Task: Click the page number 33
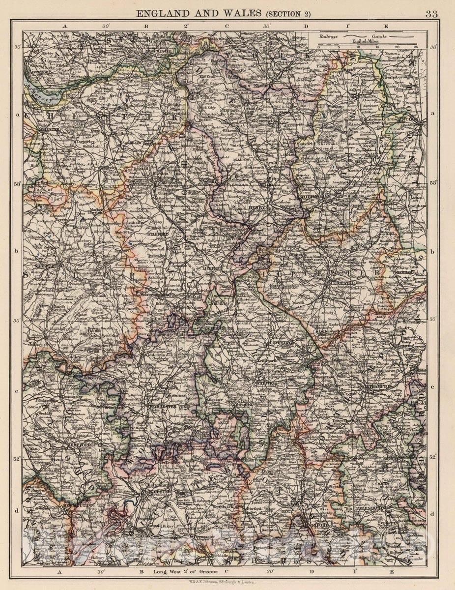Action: tap(431, 14)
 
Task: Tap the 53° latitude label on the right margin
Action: tap(432, 183)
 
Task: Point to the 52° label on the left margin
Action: tap(17, 458)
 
